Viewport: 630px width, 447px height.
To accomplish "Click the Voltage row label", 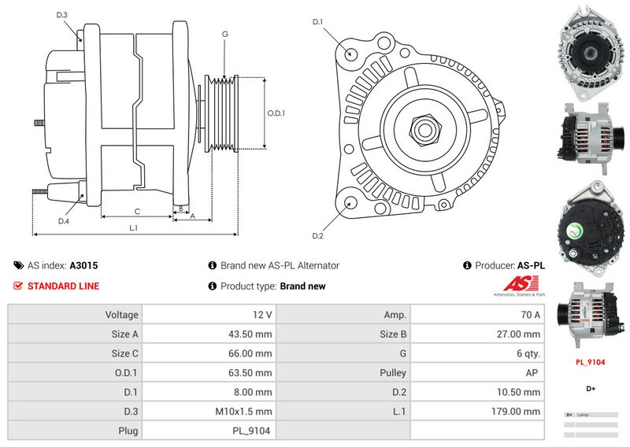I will point(121,315).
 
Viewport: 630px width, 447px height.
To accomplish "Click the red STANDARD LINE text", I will point(63,286).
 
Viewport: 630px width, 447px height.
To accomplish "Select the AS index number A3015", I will point(83,266).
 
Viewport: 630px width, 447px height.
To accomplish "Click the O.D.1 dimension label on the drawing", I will point(276,113).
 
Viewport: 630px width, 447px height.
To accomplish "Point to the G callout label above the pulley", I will point(225,35).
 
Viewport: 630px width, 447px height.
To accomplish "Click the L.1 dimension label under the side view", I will point(134,228).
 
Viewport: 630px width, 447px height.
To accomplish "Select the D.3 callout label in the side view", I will point(62,15).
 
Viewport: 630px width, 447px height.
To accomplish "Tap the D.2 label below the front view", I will point(318,236).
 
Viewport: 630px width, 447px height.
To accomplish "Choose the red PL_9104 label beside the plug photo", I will point(590,363).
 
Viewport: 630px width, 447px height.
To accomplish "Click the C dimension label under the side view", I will point(137,211).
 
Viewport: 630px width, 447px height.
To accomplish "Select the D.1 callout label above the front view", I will point(318,21).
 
